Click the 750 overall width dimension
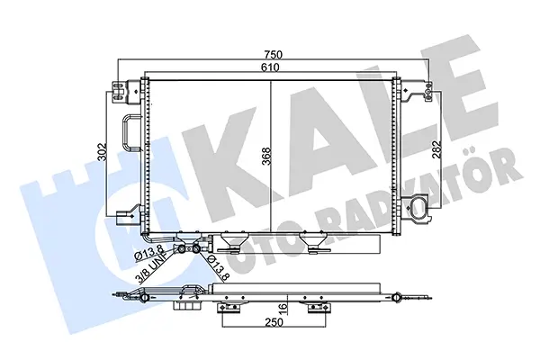click(x=273, y=55)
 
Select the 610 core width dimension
click(x=270, y=67)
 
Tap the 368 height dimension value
click(x=266, y=157)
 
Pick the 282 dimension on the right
click(x=436, y=148)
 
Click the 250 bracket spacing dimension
click(x=274, y=322)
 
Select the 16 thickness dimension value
click(x=283, y=307)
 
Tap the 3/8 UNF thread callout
click(x=156, y=267)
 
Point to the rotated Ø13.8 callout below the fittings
click(x=218, y=267)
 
